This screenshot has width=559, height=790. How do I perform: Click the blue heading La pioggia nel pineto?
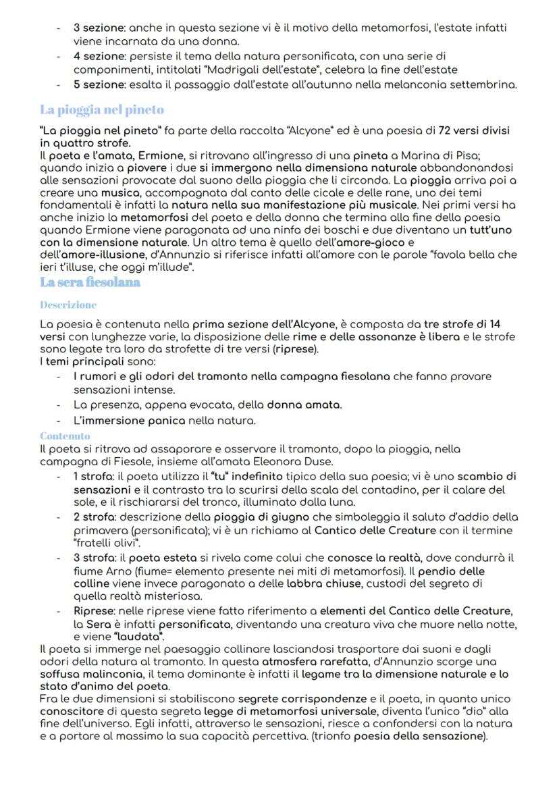101,109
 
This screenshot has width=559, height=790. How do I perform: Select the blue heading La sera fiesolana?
90,282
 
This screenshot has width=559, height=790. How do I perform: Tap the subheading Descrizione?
68,305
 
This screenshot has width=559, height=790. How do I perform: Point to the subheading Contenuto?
65,436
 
